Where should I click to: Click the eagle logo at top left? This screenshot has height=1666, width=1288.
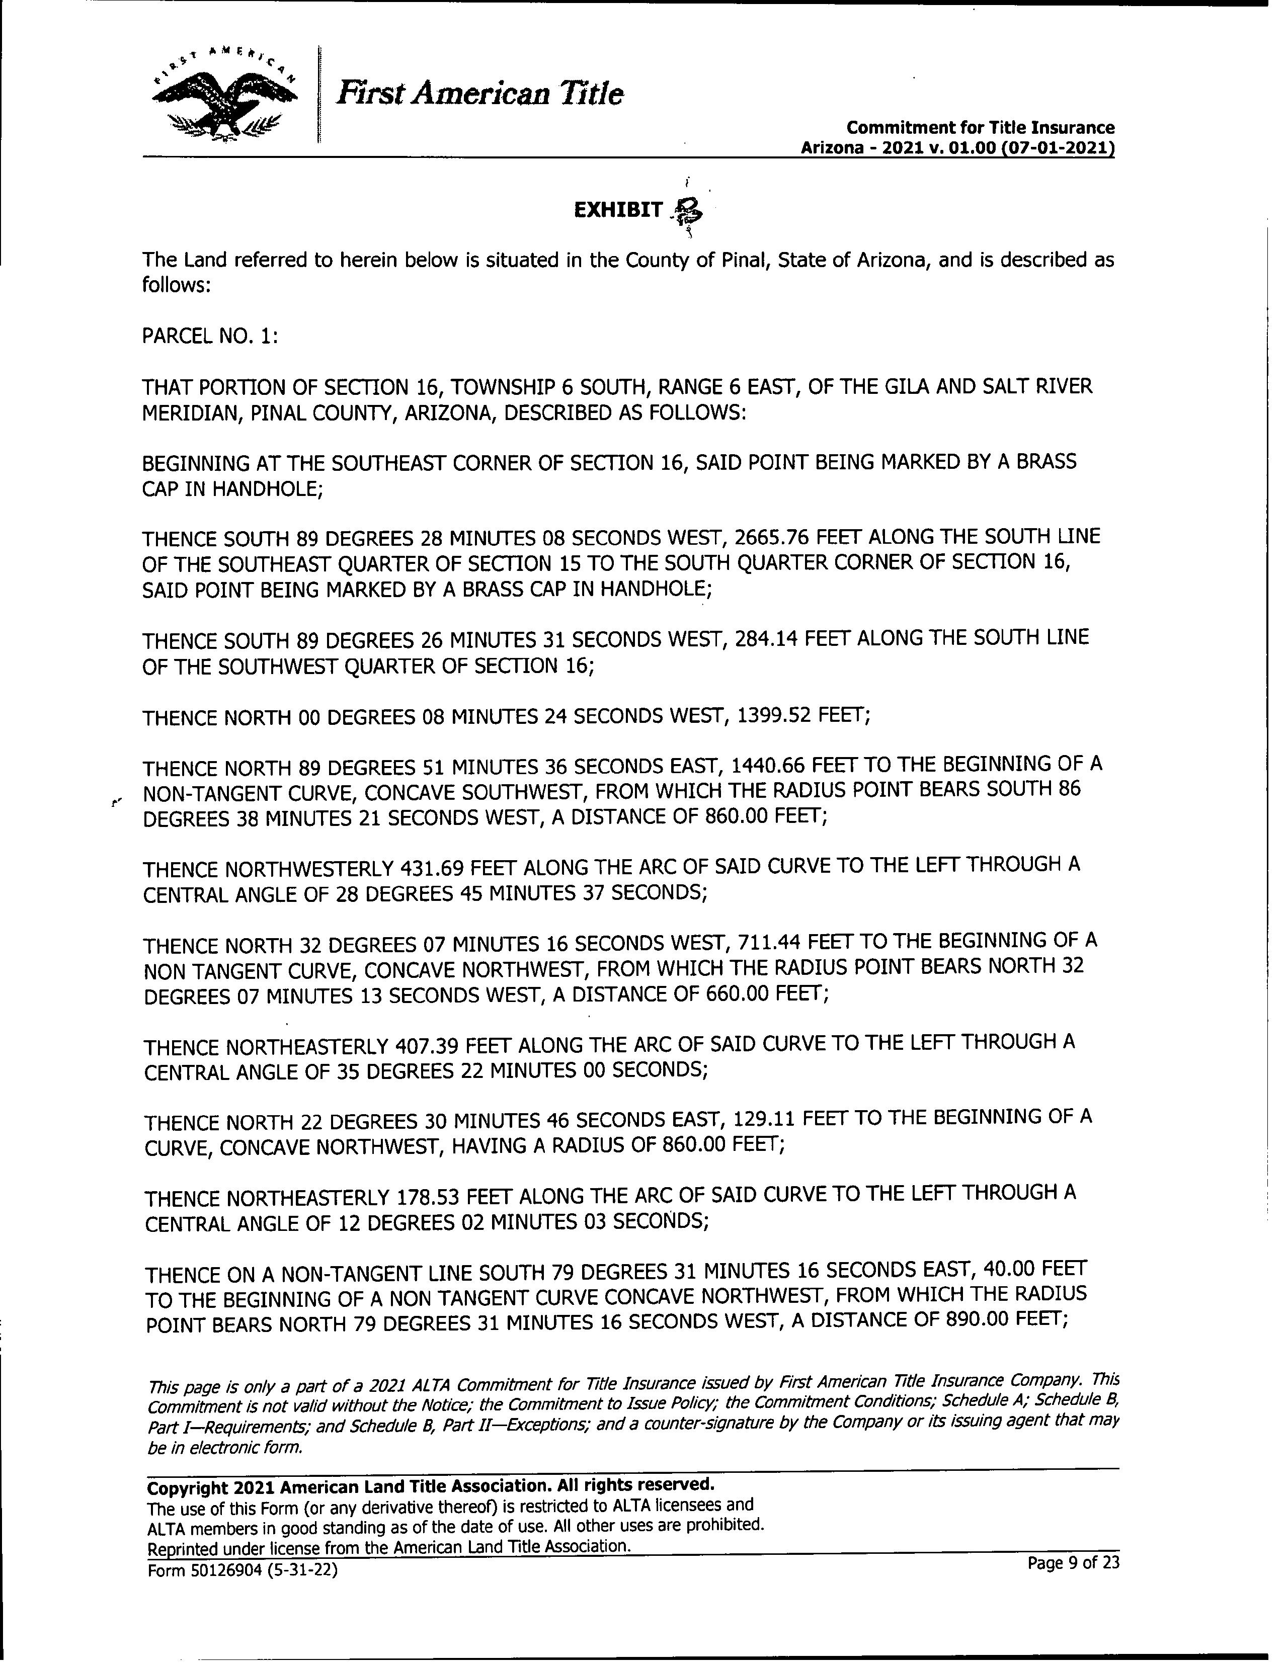(225, 96)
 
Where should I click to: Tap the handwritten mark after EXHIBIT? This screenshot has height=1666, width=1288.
(686, 210)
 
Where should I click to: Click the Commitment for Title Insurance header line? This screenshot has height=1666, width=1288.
(981, 127)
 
